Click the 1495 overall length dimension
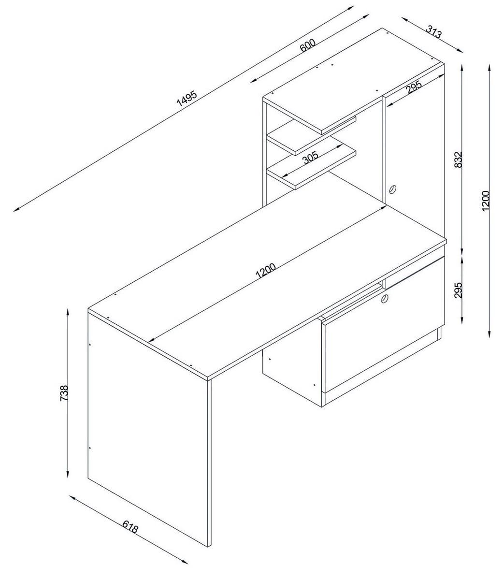tap(187, 98)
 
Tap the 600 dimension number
tap(308, 45)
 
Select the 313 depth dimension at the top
tap(433, 31)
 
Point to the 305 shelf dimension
tap(310, 158)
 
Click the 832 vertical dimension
tap(459, 159)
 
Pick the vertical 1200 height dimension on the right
tap(486, 199)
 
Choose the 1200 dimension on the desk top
tap(266, 271)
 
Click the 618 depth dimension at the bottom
tap(130, 527)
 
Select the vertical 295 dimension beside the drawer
tap(459, 290)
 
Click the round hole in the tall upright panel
tap(393, 189)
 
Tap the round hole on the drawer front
tap(384, 298)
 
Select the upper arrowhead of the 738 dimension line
tap(68, 310)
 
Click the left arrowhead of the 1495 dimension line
tap(15, 210)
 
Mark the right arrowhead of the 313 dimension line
tap(461, 51)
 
